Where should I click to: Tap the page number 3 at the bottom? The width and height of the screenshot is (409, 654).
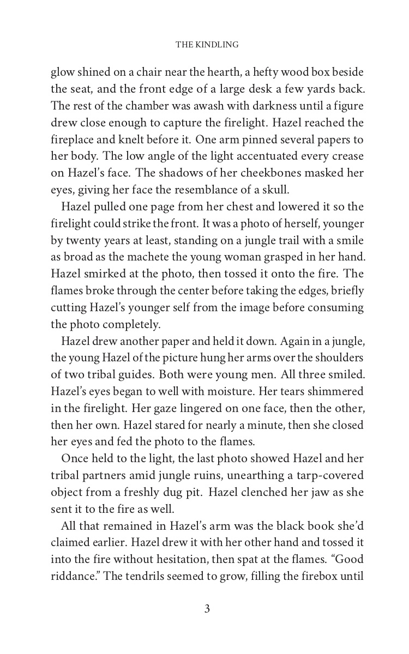(207, 609)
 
